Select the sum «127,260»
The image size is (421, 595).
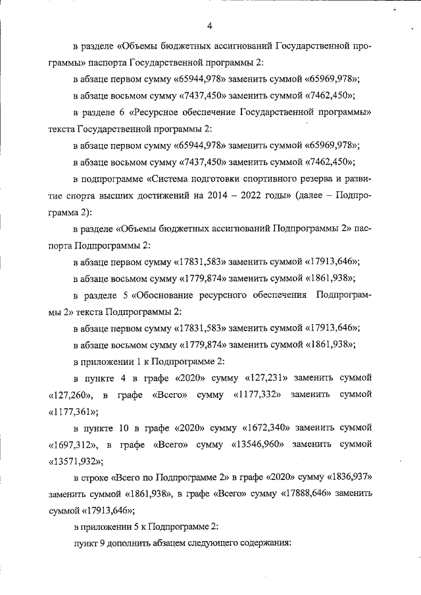tap(72, 394)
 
